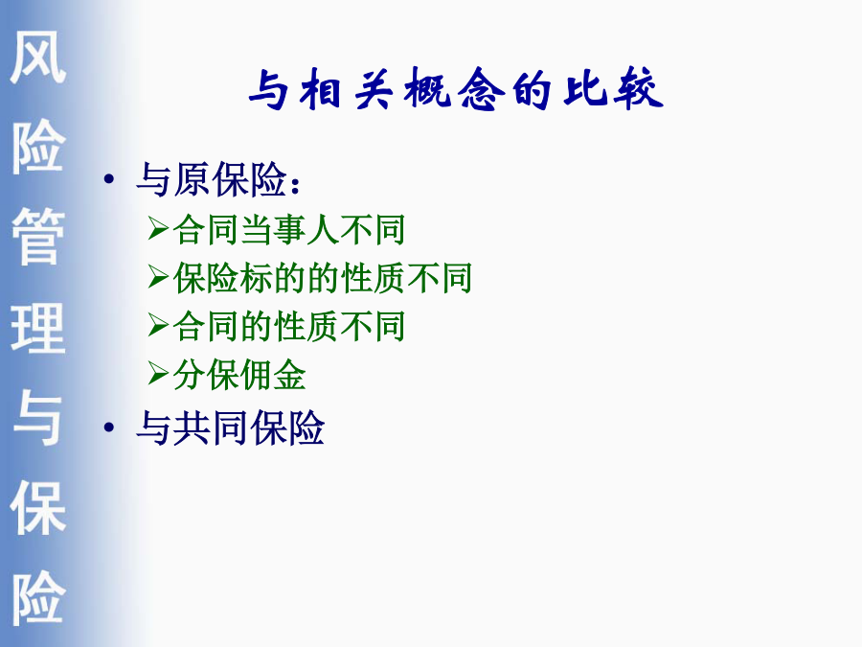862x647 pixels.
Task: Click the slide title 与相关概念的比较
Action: (456, 89)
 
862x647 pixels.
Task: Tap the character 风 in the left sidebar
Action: (38, 57)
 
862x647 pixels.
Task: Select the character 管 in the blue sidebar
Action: (38, 237)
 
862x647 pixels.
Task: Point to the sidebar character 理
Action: (38, 328)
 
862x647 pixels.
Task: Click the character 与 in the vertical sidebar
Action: (38, 418)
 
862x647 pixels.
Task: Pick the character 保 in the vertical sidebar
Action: (38, 507)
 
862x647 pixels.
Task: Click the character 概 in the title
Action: (427, 89)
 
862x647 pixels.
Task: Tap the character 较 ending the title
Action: (638, 89)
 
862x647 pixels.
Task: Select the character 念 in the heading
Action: (482, 89)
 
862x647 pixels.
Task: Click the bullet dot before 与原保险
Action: (109, 179)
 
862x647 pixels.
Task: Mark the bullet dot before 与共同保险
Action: (109, 427)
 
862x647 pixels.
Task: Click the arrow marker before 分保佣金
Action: (158, 375)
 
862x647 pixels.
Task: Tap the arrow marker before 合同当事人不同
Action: (158, 228)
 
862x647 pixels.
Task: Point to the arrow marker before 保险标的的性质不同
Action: (158, 277)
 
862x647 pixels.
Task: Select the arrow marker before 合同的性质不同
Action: (158, 325)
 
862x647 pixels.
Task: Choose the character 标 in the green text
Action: (256, 277)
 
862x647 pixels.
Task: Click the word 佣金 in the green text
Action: (272, 375)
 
